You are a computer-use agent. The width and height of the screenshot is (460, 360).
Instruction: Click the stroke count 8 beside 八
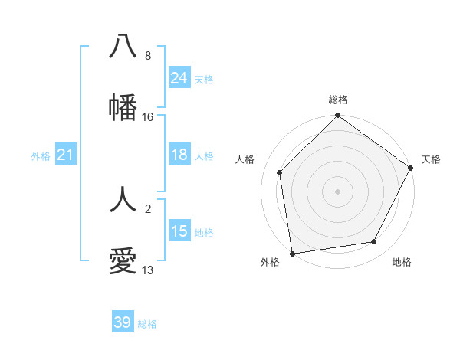point(148,56)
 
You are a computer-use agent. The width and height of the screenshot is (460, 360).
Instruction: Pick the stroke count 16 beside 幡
point(148,117)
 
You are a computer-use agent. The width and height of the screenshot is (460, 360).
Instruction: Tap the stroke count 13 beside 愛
point(148,270)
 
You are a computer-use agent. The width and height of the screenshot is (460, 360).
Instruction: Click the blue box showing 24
point(179,78)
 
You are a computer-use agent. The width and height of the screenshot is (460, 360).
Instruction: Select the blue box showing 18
point(179,155)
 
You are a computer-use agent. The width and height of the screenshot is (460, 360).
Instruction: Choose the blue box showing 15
point(179,231)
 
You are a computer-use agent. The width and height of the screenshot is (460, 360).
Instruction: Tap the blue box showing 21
point(66,155)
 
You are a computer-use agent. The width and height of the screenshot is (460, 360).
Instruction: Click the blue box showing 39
point(123,322)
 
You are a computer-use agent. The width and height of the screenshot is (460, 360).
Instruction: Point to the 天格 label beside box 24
point(204,79)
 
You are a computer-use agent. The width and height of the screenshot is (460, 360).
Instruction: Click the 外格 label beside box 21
point(41,156)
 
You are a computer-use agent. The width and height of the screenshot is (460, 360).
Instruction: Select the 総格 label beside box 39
point(147,324)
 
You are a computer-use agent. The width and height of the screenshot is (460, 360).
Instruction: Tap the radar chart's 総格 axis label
point(338,100)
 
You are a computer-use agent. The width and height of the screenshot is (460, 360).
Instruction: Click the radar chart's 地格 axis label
point(402,262)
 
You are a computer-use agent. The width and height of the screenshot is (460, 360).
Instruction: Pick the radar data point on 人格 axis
point(280,172)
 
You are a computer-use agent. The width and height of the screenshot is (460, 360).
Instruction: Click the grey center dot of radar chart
point(338,191)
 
